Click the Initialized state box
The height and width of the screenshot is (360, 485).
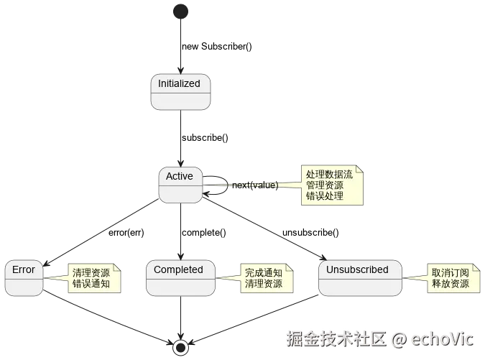pyautogui.click(x=180, y=92)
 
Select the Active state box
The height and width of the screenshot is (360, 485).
pyautogui.click(x=180, y=185)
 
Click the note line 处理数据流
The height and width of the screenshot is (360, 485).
pyautogui.click(x=329, y=175)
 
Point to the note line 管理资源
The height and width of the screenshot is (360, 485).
pyautogui.click(x=324, y=185)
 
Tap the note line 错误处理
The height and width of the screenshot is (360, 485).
pyautogui.click(x=324, y=196)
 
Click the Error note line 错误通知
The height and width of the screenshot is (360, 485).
pyautogui.click(x=91, y=284)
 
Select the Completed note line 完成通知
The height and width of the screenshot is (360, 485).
pyautogui.click(x=264, y=273)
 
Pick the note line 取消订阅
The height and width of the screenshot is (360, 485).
pyautogui.click(x=451, y=273)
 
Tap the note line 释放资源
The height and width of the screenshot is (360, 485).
pyautogui.click(x=451, y=284)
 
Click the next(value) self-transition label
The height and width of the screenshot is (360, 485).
pyautogui.click(x=253, y=186)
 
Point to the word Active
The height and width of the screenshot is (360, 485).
pyautogui.click(x=180, y=176)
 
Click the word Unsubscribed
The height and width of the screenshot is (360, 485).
pyautogui.click(x=357, y=270)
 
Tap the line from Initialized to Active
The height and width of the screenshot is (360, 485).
pyautogui.click(x=180, y=138)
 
